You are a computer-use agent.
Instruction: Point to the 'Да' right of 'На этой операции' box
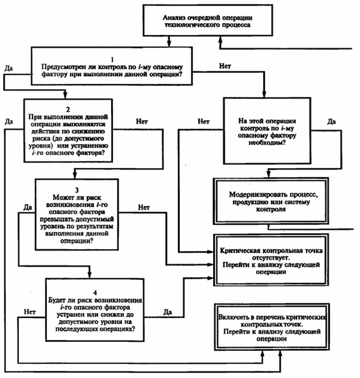click(332, 121)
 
